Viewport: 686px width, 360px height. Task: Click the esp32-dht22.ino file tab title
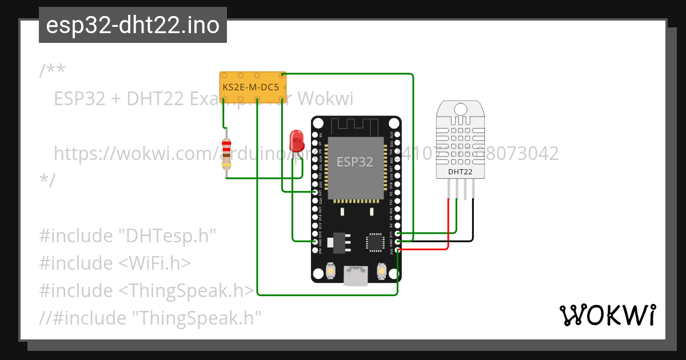(x=133, y=26)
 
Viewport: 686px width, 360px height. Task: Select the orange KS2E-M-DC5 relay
(x=252, y=87)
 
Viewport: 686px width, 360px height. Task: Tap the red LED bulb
(x=296, y=139)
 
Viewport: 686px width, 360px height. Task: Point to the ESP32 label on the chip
(x=354, y=162)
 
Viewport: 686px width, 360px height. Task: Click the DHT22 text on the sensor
(x=460, y=171)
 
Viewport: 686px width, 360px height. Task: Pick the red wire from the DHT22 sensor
(x=448, y=229)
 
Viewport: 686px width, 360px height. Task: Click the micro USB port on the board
(x=356, y=276)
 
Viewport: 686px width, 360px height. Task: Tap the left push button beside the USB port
(x=330, y=270)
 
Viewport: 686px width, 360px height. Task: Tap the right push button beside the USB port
(x=381, y=270)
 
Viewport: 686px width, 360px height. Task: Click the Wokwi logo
(x=607, y=315)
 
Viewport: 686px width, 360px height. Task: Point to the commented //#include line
(x=150, y=317)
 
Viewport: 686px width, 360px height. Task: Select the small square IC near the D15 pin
(x=376, y=241)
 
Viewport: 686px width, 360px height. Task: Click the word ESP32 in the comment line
(x=79, y=99)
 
